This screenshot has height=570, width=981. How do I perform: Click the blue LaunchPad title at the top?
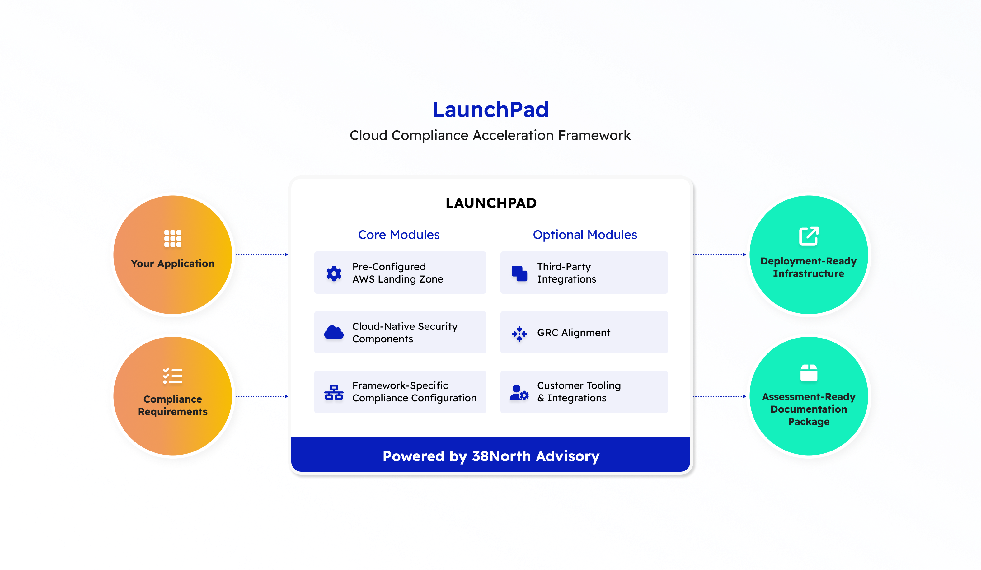(491, 110)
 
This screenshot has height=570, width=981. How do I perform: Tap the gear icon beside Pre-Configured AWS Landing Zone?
(334, 273)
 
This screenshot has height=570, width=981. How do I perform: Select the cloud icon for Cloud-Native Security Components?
(334, 332)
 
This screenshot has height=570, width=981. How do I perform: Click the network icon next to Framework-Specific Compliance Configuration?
(334, 392)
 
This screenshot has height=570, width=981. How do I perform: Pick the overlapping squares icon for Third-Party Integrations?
(519, 273)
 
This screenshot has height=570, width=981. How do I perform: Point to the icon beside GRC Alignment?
(519, 334)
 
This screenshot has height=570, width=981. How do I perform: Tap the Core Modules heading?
(399, 235)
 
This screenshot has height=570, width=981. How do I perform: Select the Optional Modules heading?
(585, 235)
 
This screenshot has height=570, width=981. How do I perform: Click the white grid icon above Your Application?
(173, 239)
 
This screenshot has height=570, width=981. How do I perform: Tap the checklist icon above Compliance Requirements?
(173, 376)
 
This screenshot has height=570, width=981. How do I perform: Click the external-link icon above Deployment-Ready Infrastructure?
(809, 236)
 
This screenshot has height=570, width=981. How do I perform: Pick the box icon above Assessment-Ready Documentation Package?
(809, 372)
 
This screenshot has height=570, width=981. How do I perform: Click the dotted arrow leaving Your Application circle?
(262, 255)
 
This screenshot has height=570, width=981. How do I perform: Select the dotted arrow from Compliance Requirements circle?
(262, 396)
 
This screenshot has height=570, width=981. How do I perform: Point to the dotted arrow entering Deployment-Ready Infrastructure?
(720, 255)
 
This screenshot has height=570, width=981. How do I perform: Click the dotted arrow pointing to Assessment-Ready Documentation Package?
(720, 396)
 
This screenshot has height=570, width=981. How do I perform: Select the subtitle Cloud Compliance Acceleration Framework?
(490, 135)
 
